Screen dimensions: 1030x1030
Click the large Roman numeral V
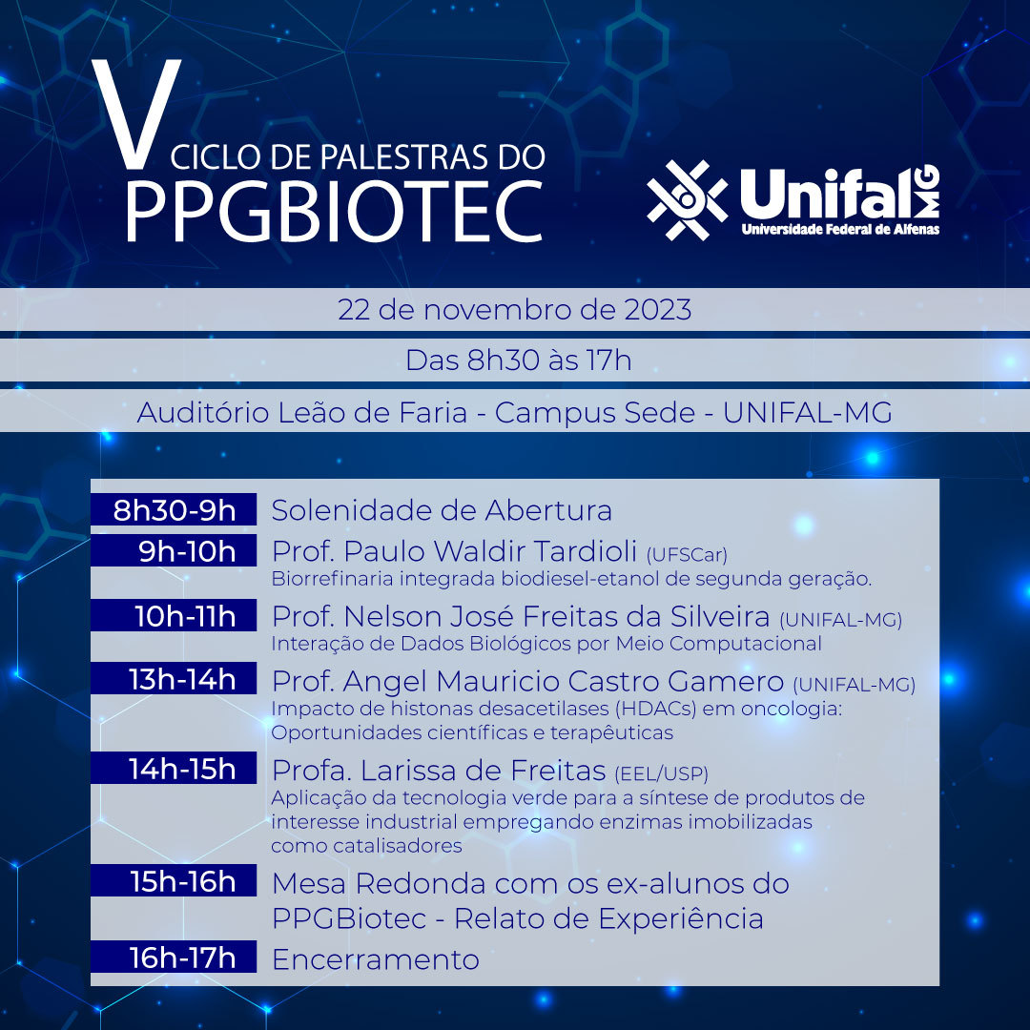click(x=136, y=113)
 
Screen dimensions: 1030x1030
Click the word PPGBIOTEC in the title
click(x=335, y=212)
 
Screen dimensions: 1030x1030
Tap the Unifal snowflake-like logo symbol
click(x=687, y=199)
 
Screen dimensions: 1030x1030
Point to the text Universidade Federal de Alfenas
click(x=840, y=229)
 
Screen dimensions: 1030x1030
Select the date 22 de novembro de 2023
click(x=515, y=310)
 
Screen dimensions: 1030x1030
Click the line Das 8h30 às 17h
click(x=518, y=360)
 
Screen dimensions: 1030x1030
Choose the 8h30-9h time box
click(x=174, y=509)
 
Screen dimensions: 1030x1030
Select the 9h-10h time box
click(x=174, y=550)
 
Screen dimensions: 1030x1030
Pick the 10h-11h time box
click(x=174, y=615)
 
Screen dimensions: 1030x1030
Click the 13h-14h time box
click(x=174, y=679)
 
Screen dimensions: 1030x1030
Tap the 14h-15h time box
click(x=174, y=768)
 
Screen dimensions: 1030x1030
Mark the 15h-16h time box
click(x=174, y=881)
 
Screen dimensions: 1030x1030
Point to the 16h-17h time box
click(x=174, y=958)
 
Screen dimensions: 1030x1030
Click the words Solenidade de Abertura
click(x=442, y=510)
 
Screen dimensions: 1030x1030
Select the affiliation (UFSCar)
click(x=687, y=555)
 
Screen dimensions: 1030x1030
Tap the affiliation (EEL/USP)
click(x=662, y=773)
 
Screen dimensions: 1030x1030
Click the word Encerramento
click(x=375, y=959)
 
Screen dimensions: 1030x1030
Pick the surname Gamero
click(x=726, y=681)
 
